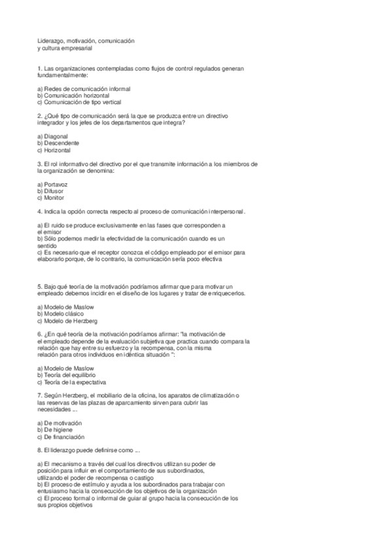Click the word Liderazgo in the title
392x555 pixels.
pyautogui.click(x=50, y=41)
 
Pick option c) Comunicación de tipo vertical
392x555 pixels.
pyautogui.click(x=79, y=102)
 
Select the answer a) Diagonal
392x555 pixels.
pyautogui.click(x=53, y=136)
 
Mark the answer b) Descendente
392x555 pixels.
pyautogui.click(x=58, y=143)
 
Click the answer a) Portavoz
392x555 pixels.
pyautogui.click(x=53, y=184)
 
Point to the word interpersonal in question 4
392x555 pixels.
pyautogui.click(x=223, y=211)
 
